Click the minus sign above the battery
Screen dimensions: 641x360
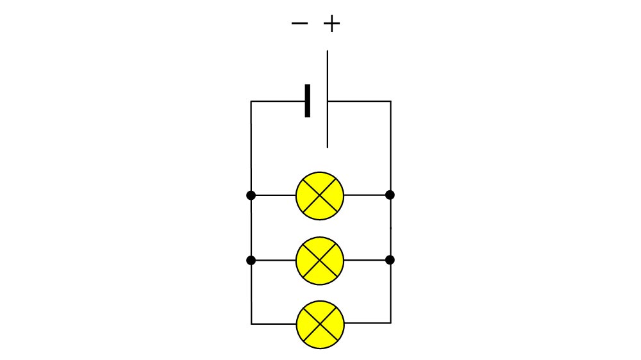tap(299, 23)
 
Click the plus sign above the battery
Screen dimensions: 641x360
tap(331, 24)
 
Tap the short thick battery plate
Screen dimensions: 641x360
tap(308, 101)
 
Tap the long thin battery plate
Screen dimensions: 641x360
tap(328, 99)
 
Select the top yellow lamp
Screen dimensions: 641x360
tap(320, 196)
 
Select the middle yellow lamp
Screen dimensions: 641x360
tap(320, 261)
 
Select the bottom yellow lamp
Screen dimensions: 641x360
tap(320, 325)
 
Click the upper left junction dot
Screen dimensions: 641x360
tap(251, 195)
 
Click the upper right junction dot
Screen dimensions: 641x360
tap(390, 195)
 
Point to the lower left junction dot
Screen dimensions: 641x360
tap(251, 260)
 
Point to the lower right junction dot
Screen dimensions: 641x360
tap(390, 259)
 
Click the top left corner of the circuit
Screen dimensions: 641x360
tap(251, 101)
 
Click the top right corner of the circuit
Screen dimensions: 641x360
tap(391, 101)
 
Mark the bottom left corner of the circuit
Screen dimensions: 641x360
tap(251, 324)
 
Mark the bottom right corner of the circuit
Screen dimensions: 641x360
tap(391, 323)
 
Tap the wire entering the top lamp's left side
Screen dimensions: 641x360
tap(274, 195)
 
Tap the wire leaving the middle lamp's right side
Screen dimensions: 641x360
tap(367, 260)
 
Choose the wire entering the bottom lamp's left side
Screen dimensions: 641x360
tap(274, 324)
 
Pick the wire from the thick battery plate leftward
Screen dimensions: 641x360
tap(278, 101)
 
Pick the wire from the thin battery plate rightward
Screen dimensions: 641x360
tap(360, 101)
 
